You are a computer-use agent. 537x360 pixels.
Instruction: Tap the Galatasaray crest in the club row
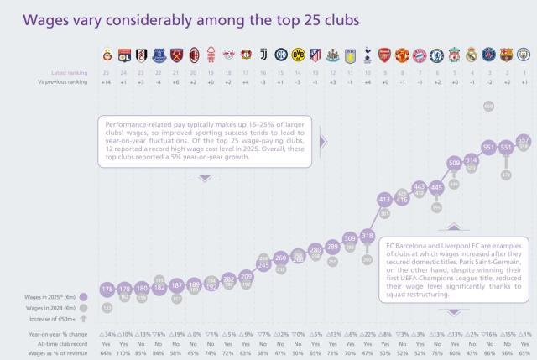pyautogui.click(x=107, y=55)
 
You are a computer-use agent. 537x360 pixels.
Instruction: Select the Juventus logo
pyautogui.click(x=263, y=55)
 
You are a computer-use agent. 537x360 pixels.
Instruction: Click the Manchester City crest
pyautogui.click(x=524, y=55)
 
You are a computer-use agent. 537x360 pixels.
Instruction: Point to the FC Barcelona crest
pyautogui.click(x=506, y=55)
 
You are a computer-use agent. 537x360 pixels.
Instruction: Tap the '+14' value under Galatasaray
pyautogui.click(x=107, y=82)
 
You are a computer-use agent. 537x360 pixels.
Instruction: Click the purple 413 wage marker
pyautogui.click(x=384, y=199)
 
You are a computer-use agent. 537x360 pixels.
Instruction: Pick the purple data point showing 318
pyautogui.click(x=367, y=236)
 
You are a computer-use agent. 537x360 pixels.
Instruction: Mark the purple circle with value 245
pyautogui.click(x=263, y=264)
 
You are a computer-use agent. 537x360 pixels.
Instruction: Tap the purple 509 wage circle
pyautogui.click(x=454, y=163)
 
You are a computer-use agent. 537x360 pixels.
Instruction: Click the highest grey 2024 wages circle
pyautogui.click(x=488, y=106)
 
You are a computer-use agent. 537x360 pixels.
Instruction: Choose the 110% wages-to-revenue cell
pyautogui.click(x=124, y=352)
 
